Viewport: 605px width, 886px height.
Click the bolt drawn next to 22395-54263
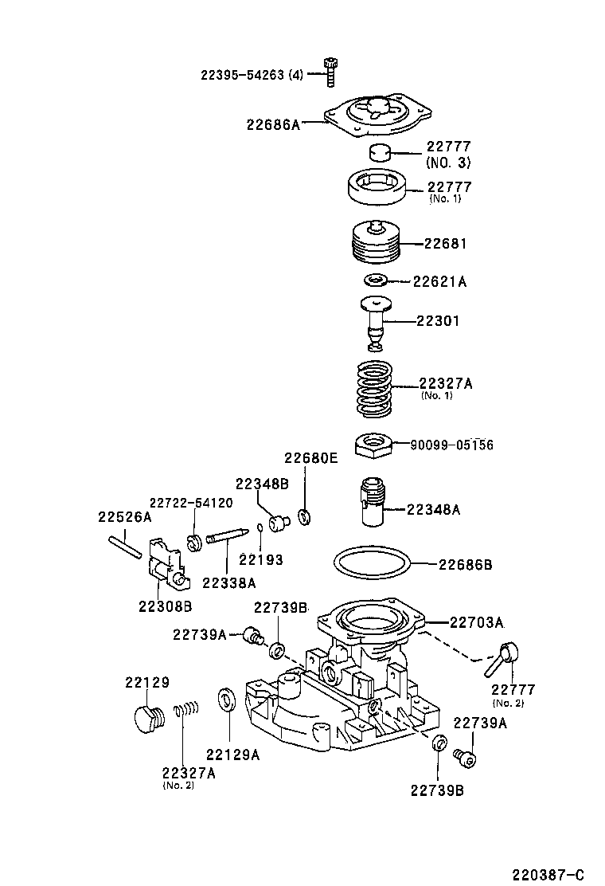coord(330,73)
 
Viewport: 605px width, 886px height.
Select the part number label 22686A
coord(273,124)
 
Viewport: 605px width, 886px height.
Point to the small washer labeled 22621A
coord(375,280)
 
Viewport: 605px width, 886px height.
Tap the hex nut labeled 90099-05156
coord(372,445)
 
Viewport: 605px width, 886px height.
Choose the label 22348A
coord(434,509)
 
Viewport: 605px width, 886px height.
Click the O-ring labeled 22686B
coord(373,564)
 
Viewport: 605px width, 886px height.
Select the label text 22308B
coord(165,606)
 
